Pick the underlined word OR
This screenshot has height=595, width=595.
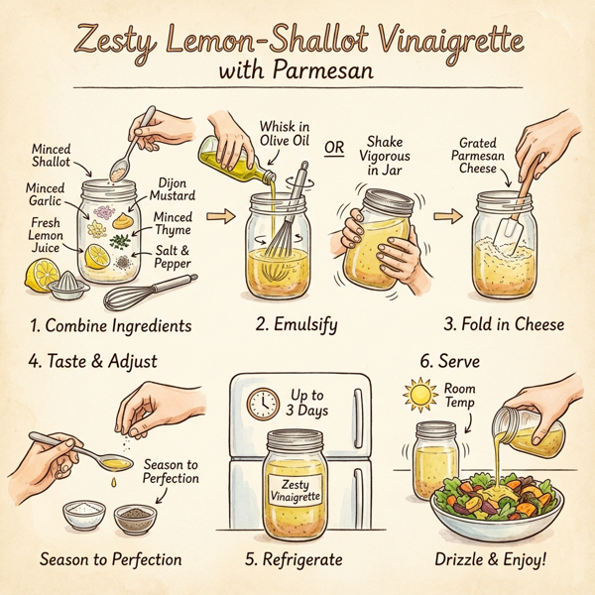coord(336,148)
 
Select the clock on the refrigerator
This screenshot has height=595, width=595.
coord(264,403)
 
